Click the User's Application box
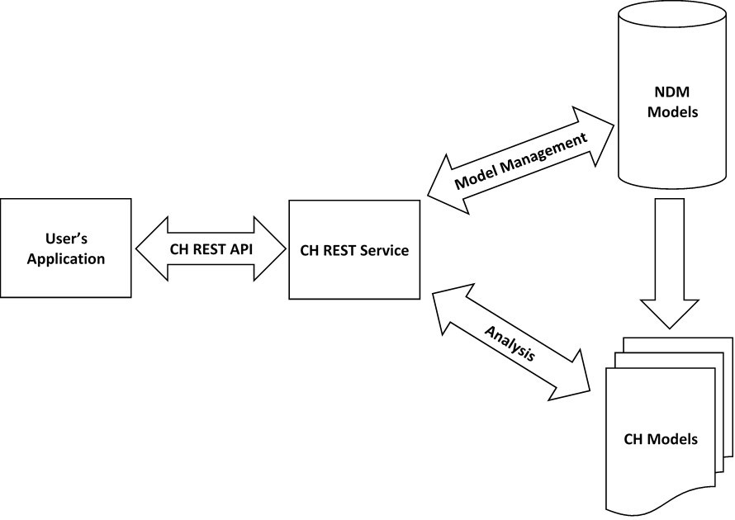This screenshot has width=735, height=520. (x=66, y=248)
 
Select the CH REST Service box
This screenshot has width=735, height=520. (x=354, y=249)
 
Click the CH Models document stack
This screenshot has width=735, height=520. (x=661, y=429)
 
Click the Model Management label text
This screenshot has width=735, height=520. (x=522, y=161)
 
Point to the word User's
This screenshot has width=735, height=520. (x=66, y=240)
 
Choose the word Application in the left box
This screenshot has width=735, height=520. (x=66, y=258)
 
